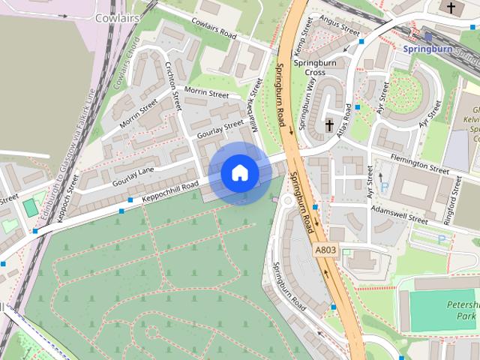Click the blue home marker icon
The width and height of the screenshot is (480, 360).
[239, 173]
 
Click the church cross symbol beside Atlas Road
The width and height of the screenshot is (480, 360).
[329, 123]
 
